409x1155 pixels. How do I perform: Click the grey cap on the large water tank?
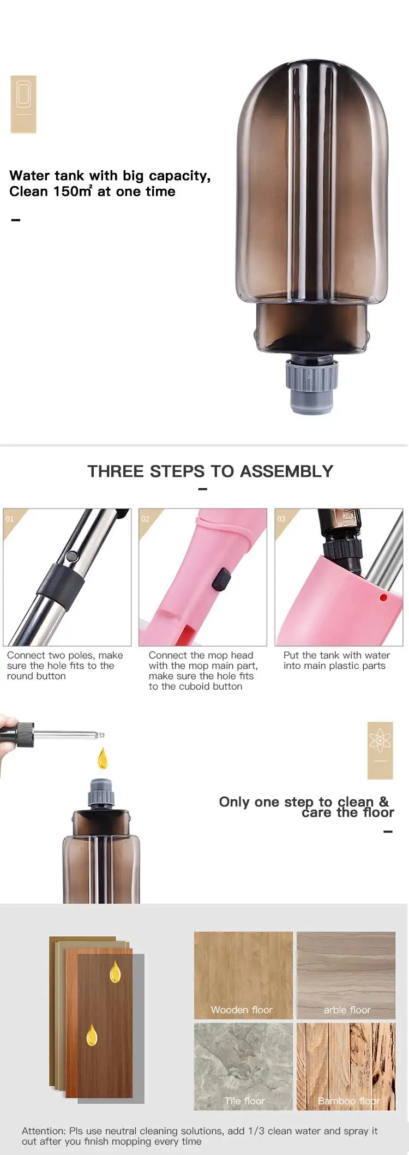[312, 384]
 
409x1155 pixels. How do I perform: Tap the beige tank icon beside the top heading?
[23, 104]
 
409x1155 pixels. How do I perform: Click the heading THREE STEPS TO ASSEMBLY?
[210, 471]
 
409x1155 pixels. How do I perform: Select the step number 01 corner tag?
[11, 519]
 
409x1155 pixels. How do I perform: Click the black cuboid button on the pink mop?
[220, 580]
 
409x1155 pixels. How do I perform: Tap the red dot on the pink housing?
[383, 598]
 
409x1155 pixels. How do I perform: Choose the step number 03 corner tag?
[282, 519]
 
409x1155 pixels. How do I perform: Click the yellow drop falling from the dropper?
[103, 759]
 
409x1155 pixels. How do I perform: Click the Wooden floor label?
[242, 1010]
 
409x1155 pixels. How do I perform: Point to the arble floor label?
[347, 1010]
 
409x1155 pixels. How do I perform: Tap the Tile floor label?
[244, 1101]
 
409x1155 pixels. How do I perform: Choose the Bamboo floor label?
[348, 1101]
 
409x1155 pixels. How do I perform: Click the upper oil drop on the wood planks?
[115, 972]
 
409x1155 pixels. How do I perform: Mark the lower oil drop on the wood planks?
[92, 1034]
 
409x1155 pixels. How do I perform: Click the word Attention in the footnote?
[43, 1131]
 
